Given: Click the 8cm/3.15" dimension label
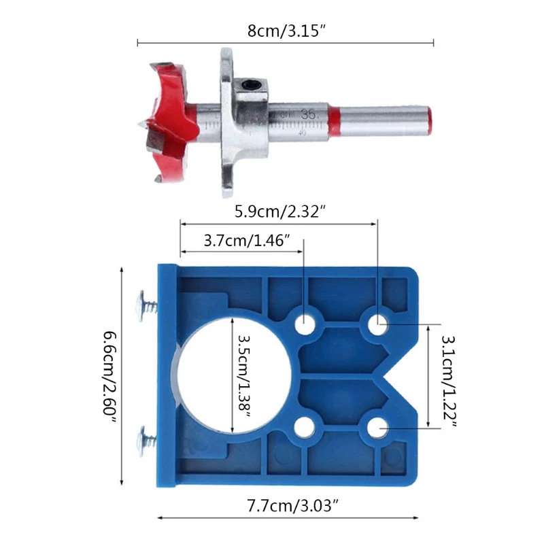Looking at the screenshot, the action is (x=286, y=31).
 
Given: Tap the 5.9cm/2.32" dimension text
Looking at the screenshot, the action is (x=279, y=211).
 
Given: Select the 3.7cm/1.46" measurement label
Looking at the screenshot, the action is (x=247, y=241).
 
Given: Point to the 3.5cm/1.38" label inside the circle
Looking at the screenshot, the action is (x=244, y=377).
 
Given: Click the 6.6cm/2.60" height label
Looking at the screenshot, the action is (x=110, y=377).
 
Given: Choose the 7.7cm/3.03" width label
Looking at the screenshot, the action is (x=292, y=505).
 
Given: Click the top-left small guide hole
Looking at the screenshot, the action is (x=305, y=325).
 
